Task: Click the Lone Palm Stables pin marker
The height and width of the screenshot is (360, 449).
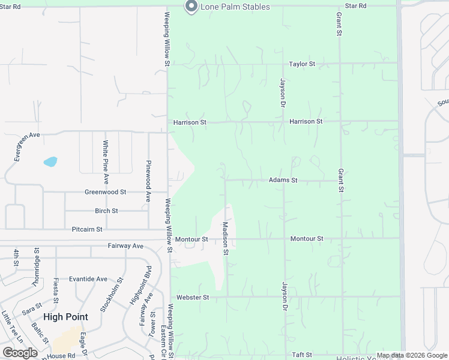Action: point(191,7)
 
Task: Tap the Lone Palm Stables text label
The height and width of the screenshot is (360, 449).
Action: point(235,7)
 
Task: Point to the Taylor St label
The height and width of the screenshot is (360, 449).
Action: point(302,64)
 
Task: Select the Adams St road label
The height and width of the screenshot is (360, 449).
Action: point(283,180)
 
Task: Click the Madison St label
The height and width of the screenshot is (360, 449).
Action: point(226,238)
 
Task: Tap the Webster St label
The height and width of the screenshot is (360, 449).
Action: point(193,297)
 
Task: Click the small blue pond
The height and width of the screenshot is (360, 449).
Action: point(50,161)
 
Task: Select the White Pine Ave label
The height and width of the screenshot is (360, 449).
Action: point(106,162)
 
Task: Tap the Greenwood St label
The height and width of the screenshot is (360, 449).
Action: point(106,192)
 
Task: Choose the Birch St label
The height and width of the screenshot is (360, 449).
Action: point(106,211)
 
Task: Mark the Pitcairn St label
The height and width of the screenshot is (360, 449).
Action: point(87,229)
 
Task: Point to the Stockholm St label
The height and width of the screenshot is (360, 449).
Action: point(112,295)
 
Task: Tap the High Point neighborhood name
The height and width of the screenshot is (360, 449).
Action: point(65,317)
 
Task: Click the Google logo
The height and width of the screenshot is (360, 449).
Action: point(20,353)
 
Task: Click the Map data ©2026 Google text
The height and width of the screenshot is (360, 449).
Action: point(412,355)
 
